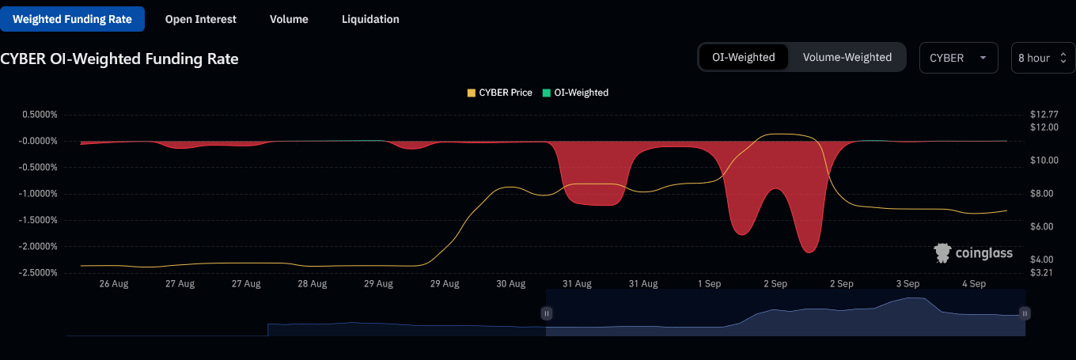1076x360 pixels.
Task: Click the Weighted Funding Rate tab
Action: click(x=72, y=19)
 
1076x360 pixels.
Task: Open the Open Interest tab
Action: click(x=200, y=19)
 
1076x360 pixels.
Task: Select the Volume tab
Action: click(x=289, y=19)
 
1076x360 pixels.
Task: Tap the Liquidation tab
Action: click(x=370, y=19)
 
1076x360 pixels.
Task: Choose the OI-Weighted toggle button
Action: click(x=743, y=57)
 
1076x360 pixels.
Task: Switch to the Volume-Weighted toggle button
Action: click(x=847, y=57)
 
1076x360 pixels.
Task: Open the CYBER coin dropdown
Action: click(x=957, y=58)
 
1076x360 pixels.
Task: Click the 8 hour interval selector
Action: click(x=1042, y=58)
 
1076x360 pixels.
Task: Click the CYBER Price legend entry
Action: click(x=499, y=93)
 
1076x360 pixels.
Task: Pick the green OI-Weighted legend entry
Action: click(x=575, y=93)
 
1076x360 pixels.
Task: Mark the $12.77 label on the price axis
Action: click(x=1044, y=115)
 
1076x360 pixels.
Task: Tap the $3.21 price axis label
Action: click(x=1042, y=273)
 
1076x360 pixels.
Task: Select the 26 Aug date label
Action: click(x=114, y=283)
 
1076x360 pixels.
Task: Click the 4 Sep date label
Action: click(x=973, y=283)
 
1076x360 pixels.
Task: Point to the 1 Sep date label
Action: click(x=709, y=283)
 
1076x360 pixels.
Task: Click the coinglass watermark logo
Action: click(x=972, y=253)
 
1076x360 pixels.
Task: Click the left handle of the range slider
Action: click(x=546, y=313)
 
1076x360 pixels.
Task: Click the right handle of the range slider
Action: click(x=1025, y=313)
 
